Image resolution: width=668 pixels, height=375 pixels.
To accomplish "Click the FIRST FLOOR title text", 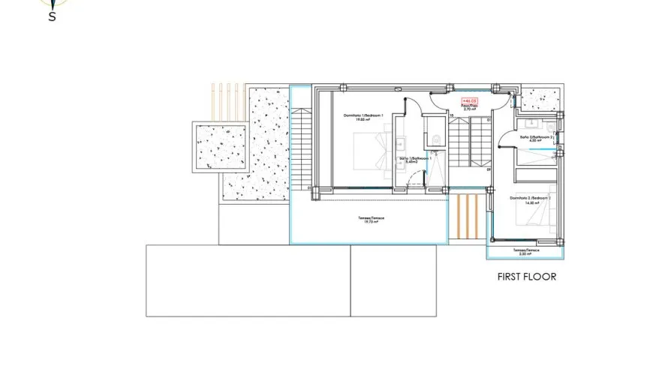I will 526,277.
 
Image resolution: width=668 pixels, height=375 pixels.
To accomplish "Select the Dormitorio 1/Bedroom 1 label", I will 363,117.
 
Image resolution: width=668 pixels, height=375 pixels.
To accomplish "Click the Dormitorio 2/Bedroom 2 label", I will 531,200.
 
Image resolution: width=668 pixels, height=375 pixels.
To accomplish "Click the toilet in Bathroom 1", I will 438,138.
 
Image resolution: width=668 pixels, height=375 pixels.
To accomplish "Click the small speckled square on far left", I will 221,146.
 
